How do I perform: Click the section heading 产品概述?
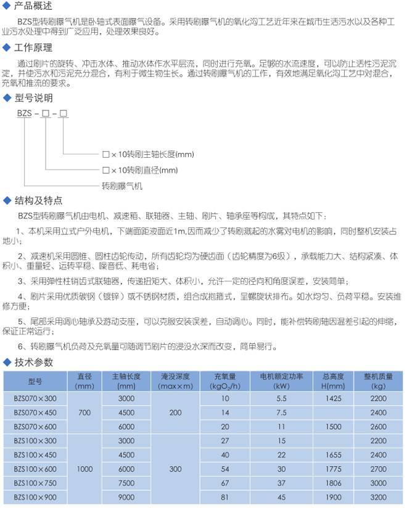click(31, 6)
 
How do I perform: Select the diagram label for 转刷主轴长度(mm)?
click(147, 154)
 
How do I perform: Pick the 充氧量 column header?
click(224, 381)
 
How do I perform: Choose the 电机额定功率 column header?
click(281, 381)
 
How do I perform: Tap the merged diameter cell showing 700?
click(84, 412)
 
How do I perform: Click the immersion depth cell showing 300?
click(175, 469)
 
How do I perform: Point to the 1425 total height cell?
click(332, 399)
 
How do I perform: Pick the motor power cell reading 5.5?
click(281, 399)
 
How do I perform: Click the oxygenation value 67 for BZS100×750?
click(224, 483)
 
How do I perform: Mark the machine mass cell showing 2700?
click(379, 469)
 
